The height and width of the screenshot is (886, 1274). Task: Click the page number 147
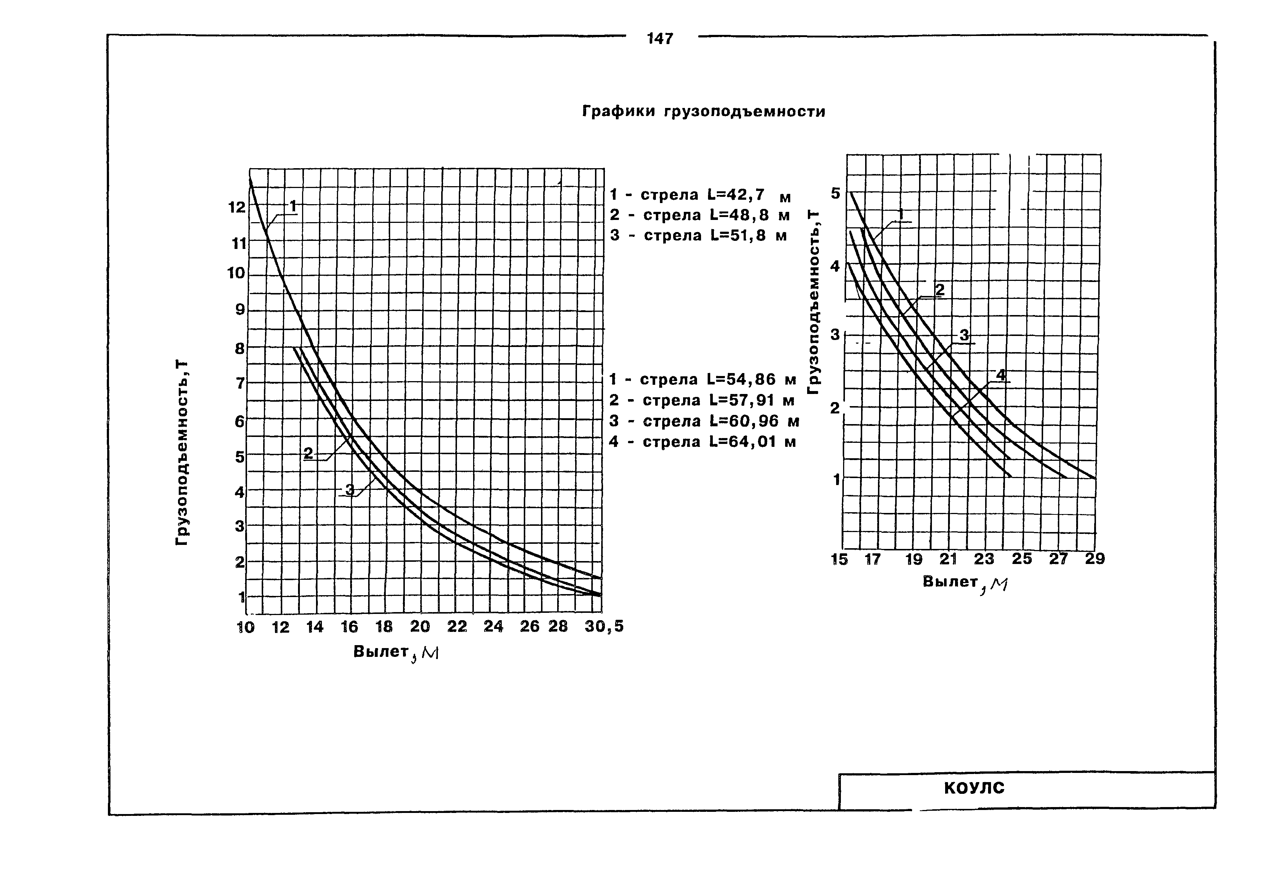660,39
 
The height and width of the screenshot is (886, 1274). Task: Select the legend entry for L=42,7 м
700,195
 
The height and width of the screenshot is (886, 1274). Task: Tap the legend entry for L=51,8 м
698,235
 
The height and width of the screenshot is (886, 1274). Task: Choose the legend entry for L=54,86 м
703,380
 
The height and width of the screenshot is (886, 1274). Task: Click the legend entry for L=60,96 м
704,422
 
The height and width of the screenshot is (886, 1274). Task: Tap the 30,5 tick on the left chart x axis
604,627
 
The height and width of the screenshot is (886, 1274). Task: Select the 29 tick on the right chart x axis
1095,559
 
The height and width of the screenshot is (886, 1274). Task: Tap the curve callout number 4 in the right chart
1001,375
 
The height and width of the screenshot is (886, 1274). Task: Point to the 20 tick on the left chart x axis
420,627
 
